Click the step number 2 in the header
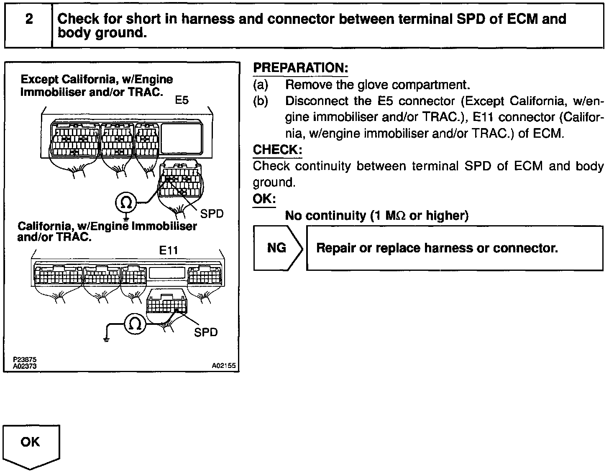[29, 19]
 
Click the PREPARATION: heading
[301, 68]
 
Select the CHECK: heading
[277, 149]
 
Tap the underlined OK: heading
[264, 198]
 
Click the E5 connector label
[182, 100]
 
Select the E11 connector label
[169, 250]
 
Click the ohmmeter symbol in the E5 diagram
[126, 203]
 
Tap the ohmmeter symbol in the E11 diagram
[135, 324]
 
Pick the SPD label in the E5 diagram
[212, 213]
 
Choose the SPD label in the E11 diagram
[206, 332]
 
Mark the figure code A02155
[224, 366]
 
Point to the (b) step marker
[261, 101]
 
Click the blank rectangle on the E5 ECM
[181, 137]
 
